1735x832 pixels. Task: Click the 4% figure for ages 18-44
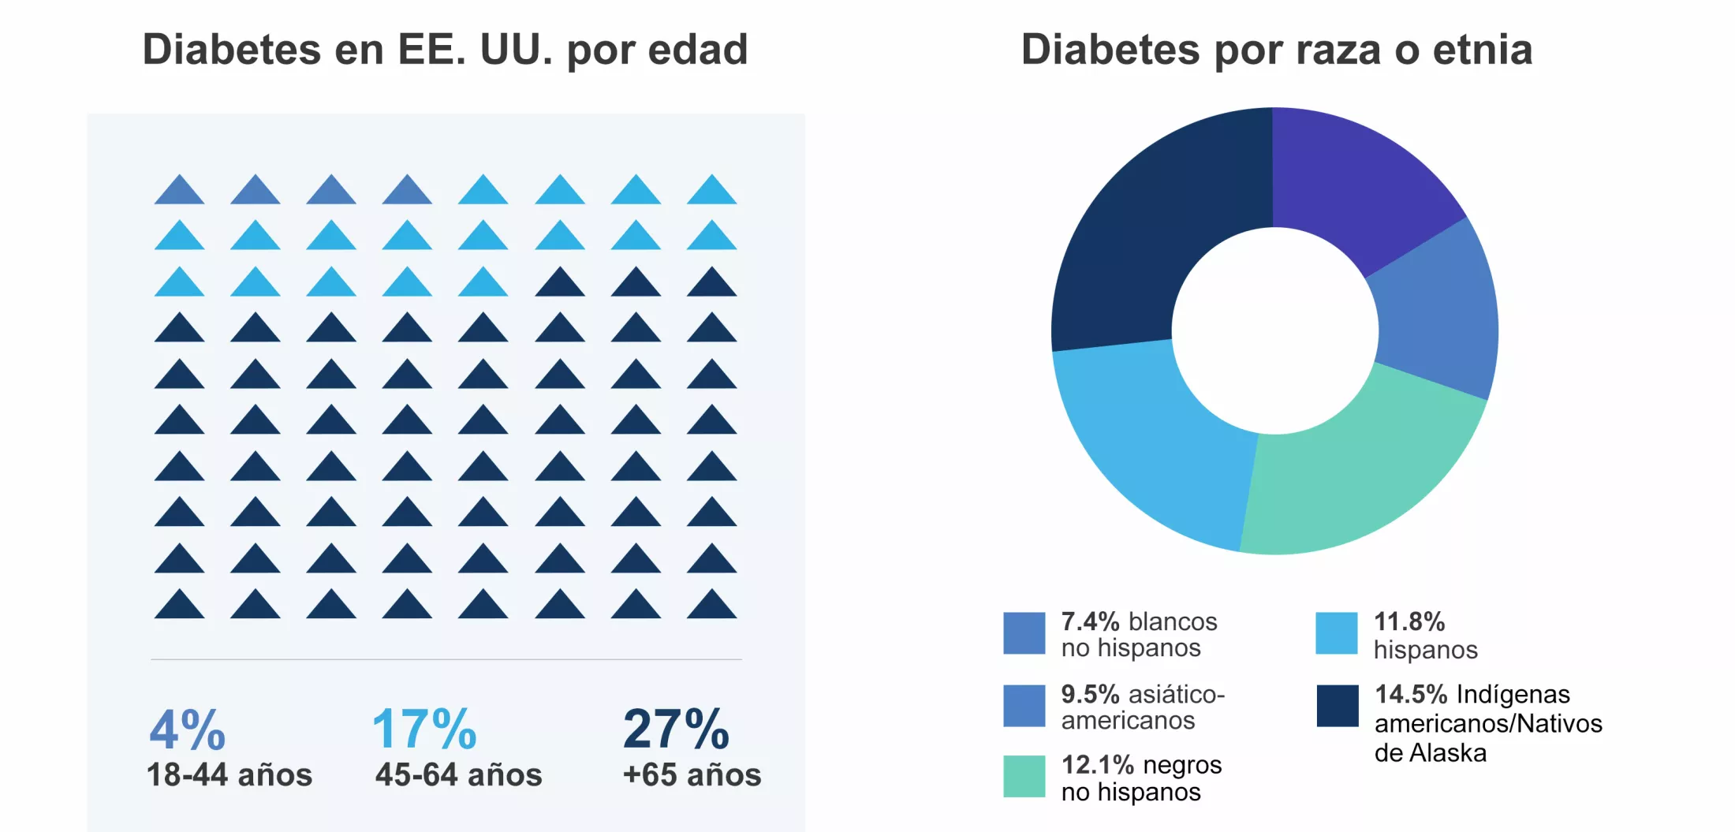[x=188, y=729]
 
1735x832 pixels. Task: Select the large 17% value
[x=424, y=729]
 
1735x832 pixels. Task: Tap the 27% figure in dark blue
[x=676, y=729]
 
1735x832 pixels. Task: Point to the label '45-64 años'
[x=458, y=775]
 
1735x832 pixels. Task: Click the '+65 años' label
[x=692, y=775]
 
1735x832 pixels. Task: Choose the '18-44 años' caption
[x=229, y=775]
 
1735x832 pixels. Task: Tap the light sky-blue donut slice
[x=1159, y=442]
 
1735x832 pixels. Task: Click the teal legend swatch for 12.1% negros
[x=1024, y=777]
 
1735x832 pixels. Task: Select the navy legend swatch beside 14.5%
[x=1338, y=706]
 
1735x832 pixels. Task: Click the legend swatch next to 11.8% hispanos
[x=1336, y=633]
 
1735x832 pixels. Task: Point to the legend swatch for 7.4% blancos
[x=1024, y=633]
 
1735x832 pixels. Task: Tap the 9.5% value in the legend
[x=1089, y=695]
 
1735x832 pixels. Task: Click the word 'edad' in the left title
[x=697, y=50]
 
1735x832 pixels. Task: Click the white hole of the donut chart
[x=1274, y=331]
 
